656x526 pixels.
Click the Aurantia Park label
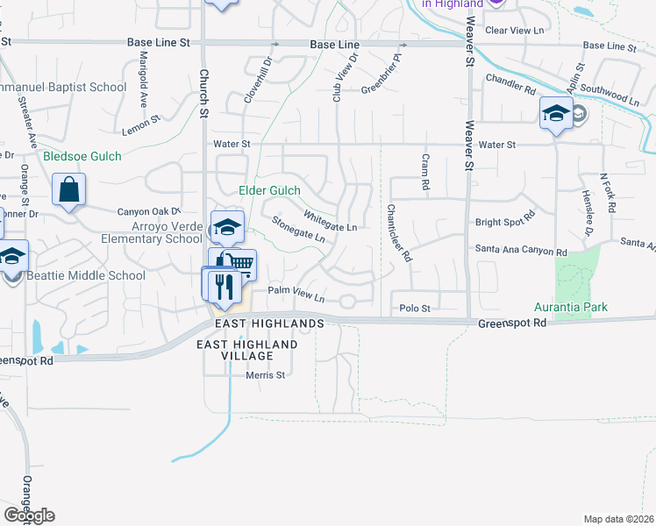coord(571,308)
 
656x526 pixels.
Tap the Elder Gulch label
coord(269,190)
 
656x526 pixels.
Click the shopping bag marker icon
coord(69,189)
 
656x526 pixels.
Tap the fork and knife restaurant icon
coord(221,284)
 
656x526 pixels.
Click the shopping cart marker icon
coord(239,263)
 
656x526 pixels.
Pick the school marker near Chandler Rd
coord(555,113)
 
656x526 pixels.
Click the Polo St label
coord(415,309)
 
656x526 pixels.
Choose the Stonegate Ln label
coord(299,231)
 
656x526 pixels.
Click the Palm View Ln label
coord(296,294)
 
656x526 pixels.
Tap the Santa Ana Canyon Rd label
coord(521,251)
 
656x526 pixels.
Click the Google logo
coord(29,515)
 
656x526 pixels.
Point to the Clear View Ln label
coord(515,30)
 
